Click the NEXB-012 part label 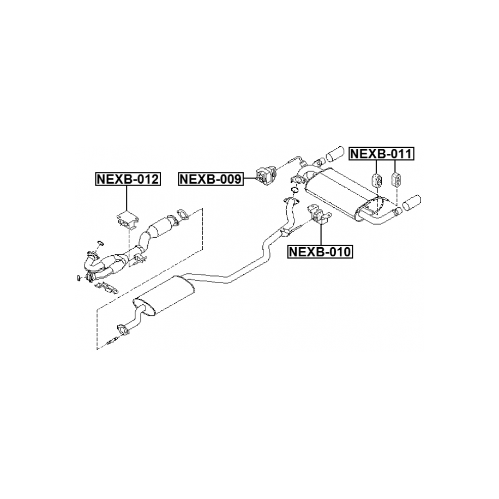[x=128, y=179]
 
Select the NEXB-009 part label [x=211, y=179]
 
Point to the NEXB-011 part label [x=381, y=154]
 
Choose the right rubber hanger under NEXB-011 [x=396, y=178]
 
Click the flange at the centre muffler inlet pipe [x=121, y=329]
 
